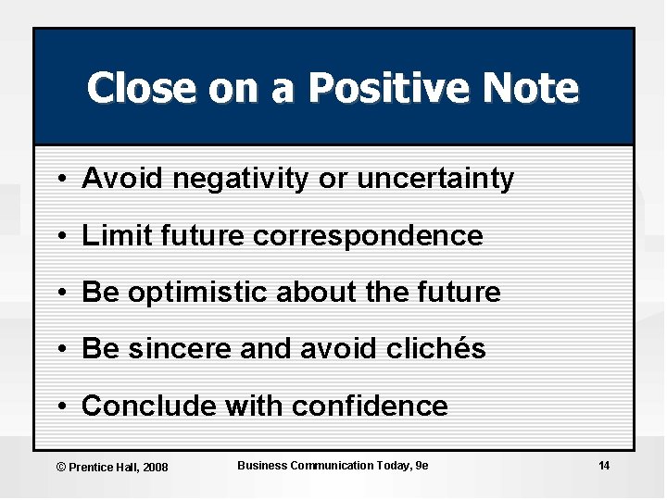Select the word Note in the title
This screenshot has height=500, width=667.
click(x=535, y=89)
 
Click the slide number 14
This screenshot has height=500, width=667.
click(x=603, y=466)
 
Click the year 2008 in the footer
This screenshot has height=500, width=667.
click(x=155, y=468)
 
